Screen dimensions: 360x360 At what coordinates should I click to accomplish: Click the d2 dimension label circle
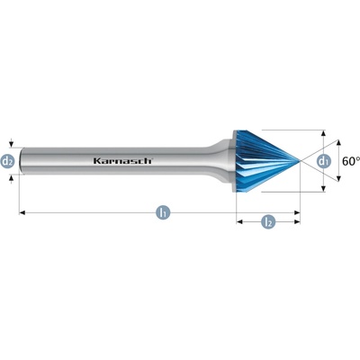[x=8, y=161]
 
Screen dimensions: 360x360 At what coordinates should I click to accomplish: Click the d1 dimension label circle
[x=323, y=161]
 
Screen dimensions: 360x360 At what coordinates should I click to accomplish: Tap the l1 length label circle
[x=163, y=212]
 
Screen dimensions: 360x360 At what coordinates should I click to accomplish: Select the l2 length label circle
[x=268, y=222]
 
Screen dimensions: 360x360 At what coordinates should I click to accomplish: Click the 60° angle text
[x=351, y=161]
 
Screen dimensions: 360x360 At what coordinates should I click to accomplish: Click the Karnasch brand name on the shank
[x=123, y=161]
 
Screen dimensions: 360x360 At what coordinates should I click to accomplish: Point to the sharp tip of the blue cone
[x=300, y=161]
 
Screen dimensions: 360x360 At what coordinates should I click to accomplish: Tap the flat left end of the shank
[x=21, y=161]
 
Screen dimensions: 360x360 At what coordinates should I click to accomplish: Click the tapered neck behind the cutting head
[x=220, y=161]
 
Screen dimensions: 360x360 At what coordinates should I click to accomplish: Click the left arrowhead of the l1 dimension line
[x=22, y=212]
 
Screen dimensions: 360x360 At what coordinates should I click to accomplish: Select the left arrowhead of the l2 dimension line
[x=239, y=222]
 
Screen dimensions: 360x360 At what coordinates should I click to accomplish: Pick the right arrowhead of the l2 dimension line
[x=297, y=222]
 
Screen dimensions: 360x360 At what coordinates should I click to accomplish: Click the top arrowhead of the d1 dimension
[x=323, y=133]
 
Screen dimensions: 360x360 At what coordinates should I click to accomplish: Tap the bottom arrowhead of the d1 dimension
[x=323, y=189]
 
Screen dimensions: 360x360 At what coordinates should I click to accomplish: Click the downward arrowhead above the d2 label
[x=11, y=145]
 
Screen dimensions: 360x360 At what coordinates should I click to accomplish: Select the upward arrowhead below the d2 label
[x=11, y=178]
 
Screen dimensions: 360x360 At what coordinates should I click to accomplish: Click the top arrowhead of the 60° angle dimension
[x=338, y=143]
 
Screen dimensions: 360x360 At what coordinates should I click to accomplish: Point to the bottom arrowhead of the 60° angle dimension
[x=338, y=179]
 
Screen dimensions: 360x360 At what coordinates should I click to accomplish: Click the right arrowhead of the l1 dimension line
[x=297, y=212]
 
